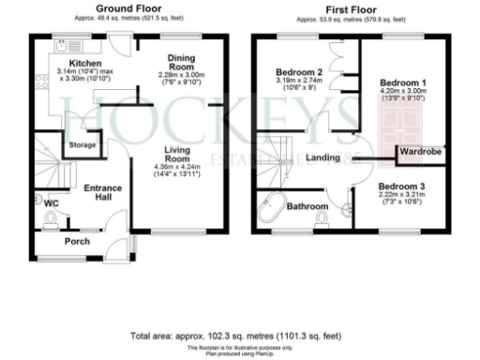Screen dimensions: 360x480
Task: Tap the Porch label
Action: pyautogui.click(x=77, y=241)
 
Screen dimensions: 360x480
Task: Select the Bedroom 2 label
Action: pyautogui.click(x=299, y=72)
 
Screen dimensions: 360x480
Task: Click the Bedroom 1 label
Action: pyautogui.click(x=403, y=82)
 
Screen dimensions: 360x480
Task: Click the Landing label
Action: pyautogui.click(x=322, y=158)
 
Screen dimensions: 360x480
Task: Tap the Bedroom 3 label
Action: pyautogui.click(x=402, y=187)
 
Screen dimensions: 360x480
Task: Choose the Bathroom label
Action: pyautogui.click(x=307, y=205)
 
